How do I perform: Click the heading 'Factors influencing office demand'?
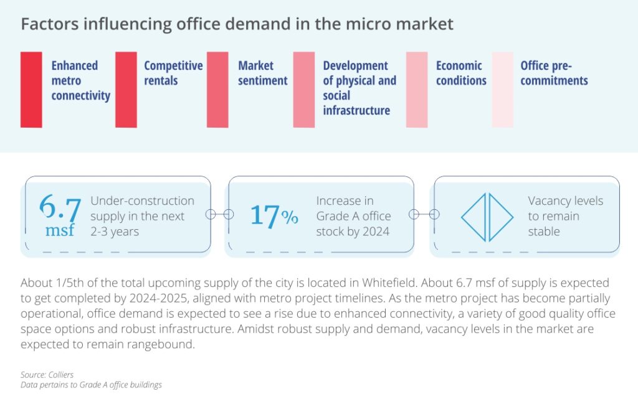click(x=237, y=25)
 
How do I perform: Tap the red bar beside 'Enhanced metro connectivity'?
click(x=31, y=90)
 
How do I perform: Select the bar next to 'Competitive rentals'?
click(x=126, y=90)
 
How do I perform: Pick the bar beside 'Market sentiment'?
click(x=217, y=90)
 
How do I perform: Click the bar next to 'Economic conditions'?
click(x=417, y=90)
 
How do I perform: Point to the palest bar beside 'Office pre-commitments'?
click(x=502, y=90)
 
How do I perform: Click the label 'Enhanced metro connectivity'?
click(x=80, y=80)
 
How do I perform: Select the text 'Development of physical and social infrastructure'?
click(x=359, y=88)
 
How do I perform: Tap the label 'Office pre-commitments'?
click(x=554, y=73)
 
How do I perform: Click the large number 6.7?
click(x=60, y=207)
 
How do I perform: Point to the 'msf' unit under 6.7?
click(x=60, y=231)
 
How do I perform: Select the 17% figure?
click(x=274, y=215)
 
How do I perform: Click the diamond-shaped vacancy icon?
click(x=487, y=217)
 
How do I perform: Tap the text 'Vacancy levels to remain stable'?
click(x=565, y=216)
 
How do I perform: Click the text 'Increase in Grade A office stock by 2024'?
click(x=353, y=216)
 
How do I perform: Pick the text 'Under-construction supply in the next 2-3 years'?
click(x=142, y=216)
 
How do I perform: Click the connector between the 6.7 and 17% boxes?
click(x=219, y=214)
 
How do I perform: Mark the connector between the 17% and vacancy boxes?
click(x=424, y=214)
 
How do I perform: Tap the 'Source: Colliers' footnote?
click(x=47, y=374)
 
